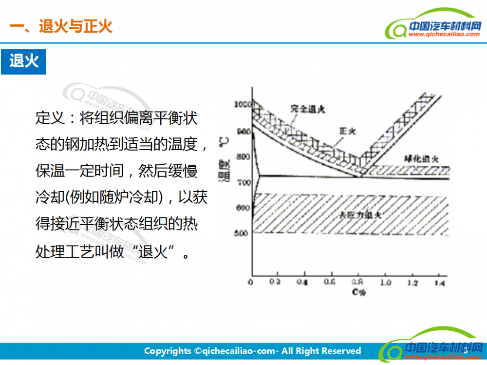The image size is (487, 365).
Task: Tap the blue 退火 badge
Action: coord(23,61)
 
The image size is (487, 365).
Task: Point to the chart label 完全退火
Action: coord(307,109)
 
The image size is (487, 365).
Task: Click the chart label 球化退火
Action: coord(422,159)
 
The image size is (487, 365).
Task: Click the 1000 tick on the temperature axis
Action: coord(242,104)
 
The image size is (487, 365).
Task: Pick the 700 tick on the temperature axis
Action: coord(242,182)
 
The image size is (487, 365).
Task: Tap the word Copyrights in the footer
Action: coord(168,351)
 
